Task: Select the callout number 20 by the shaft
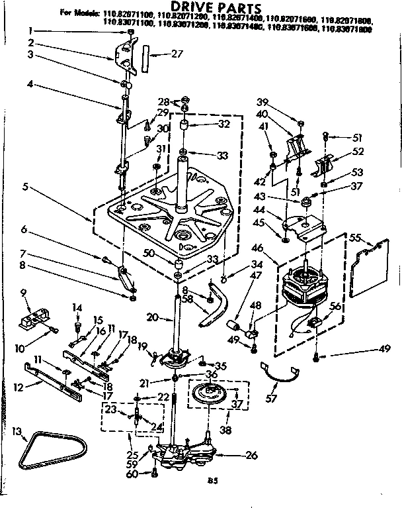(151, 318)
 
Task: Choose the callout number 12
(19, 387)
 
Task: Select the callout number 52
(358, 152)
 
